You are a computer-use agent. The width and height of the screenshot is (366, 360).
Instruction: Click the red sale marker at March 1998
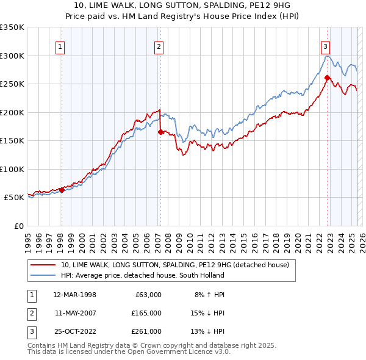click(62, 190)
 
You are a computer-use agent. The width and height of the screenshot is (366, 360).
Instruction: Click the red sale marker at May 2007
click(160, 132)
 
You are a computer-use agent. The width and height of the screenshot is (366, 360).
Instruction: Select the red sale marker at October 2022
click(328, 77)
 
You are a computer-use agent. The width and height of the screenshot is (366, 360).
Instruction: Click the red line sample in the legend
click(43, 265)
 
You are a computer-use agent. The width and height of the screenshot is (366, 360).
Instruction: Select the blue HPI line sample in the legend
click(43, 275)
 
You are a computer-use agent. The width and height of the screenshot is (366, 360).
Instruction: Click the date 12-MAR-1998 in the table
click(74, 295)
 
